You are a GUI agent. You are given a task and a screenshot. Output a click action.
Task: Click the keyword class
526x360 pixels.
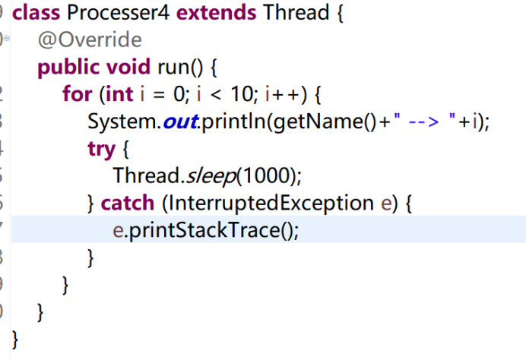pos(37,13)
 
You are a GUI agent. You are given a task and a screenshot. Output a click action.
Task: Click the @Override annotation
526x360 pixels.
pos(89,39)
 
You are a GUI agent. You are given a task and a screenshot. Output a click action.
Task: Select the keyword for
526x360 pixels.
pos(77,95)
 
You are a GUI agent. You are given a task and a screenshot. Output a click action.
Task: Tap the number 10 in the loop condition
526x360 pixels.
pos(239,95)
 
